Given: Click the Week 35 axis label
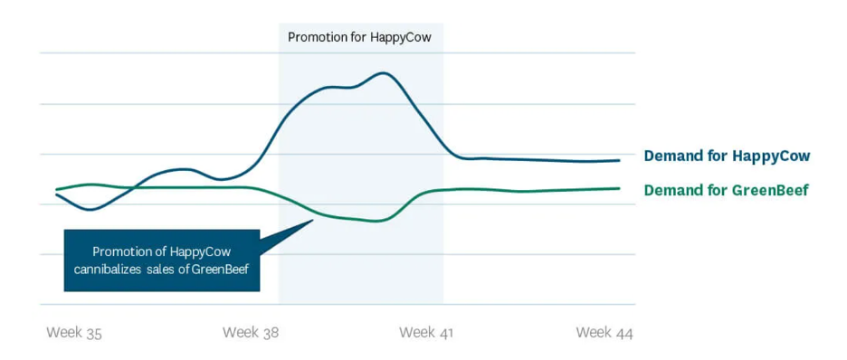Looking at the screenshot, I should [x=74, y=333].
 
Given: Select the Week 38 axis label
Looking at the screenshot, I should [x=251, y=333].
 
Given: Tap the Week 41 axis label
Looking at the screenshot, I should [x=426, y=333].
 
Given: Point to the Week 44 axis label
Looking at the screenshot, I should [x=604, y=333].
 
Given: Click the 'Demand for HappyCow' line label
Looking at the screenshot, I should [x=727, y=156].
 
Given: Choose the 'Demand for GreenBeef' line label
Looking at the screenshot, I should [x=726, y=190].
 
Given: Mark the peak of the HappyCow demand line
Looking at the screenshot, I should [x=385, y=73].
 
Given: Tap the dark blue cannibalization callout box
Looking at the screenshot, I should [x=161, y=261].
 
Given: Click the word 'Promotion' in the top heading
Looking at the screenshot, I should [x=317, y=37].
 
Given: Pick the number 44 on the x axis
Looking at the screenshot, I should [x=623, y=333].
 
